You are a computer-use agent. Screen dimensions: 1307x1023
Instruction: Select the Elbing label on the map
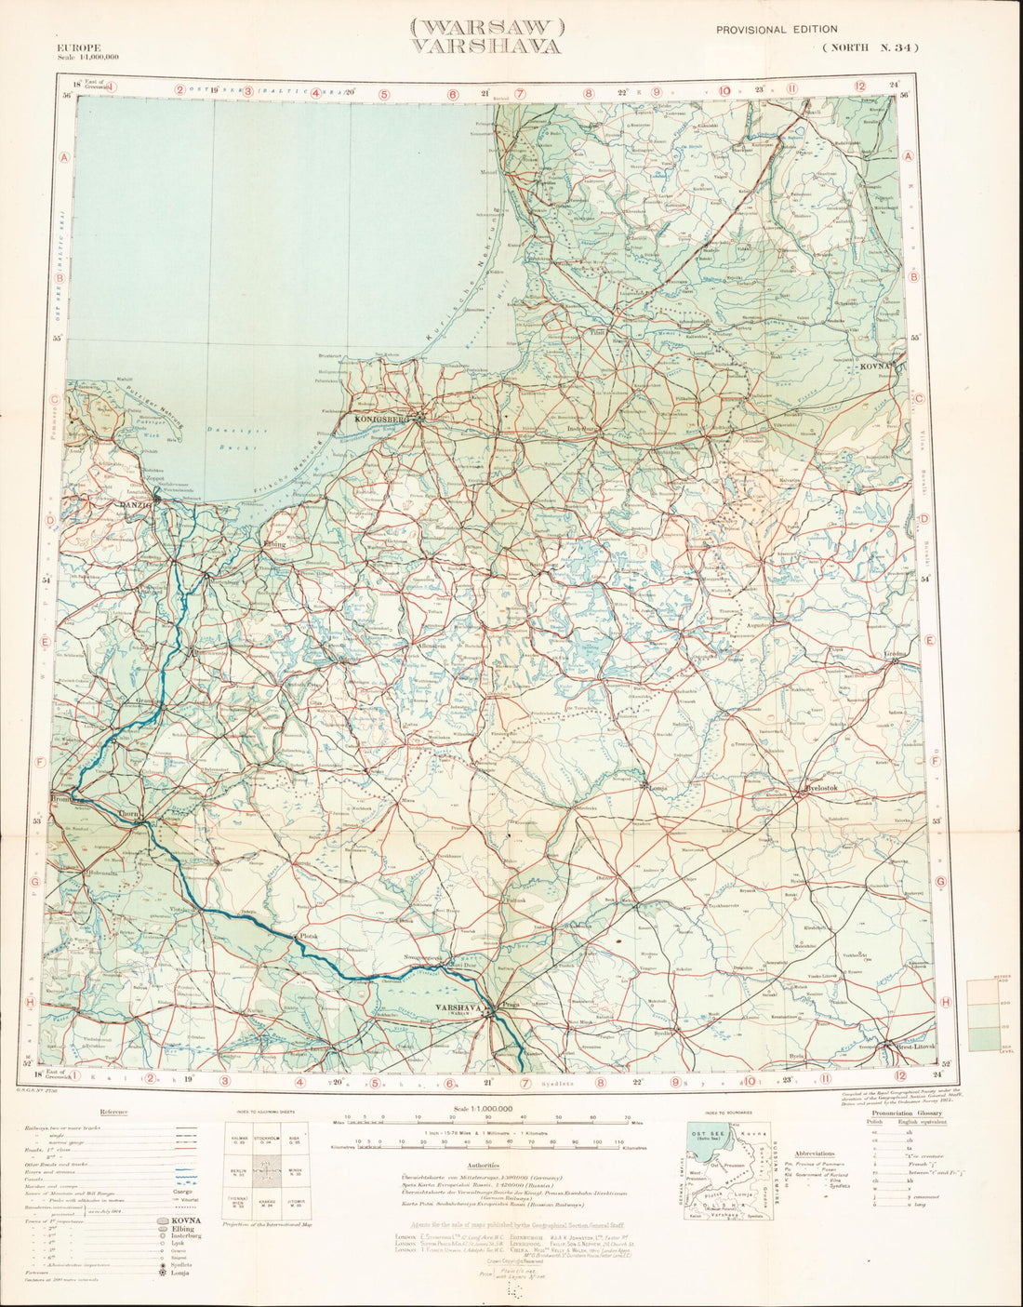(x=274, y=543)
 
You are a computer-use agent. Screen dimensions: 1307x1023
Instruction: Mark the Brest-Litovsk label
(x=915, y=1047)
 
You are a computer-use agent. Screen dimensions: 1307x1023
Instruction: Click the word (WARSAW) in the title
(x=487, y=27)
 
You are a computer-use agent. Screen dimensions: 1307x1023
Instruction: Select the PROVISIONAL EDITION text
(x=777, y=30)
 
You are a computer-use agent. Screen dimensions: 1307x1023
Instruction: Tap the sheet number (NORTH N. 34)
(x=870, y=48)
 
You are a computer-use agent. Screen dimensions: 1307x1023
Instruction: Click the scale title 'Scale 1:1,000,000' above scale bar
(x=484, y=1109)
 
